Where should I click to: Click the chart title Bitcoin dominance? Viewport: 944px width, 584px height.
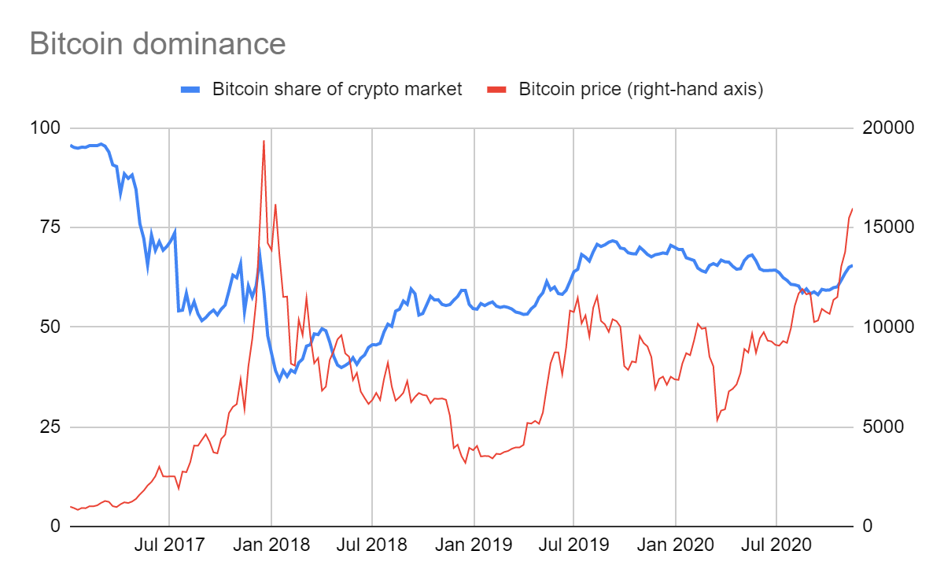pos(157,43)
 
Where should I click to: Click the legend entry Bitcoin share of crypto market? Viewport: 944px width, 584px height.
pos(337,89)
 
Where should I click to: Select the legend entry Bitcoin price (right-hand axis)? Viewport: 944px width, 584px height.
pos(640,89)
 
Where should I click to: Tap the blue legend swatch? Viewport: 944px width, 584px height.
pos(192,89)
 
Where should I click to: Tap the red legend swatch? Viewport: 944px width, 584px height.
pos(498,89)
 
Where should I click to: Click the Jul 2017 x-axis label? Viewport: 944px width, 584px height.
pos(169,545)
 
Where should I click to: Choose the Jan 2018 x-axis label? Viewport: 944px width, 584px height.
pos(271,545)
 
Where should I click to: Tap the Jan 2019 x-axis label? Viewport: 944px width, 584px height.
pos(474,545)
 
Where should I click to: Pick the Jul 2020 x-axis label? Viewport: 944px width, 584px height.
pos(776,545)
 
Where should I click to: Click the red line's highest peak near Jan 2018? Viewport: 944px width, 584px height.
pos(264,141)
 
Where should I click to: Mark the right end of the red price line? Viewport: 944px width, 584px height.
pos(853,209)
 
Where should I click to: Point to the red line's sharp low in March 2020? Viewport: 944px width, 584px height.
pos(717,420)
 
